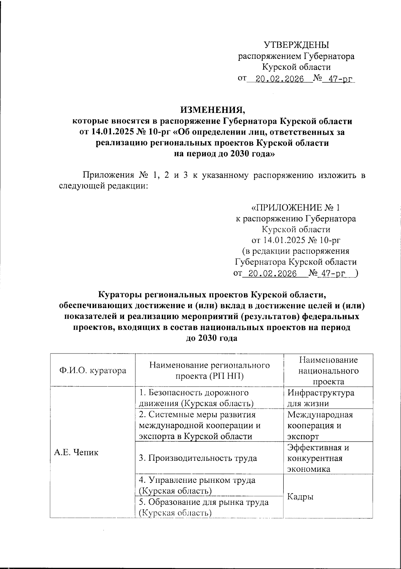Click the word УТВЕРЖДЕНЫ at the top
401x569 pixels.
296,45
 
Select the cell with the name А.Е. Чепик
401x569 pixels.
76,452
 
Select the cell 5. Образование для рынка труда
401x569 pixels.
204,507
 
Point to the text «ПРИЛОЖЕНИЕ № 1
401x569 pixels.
295,208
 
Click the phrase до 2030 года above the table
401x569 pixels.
211,338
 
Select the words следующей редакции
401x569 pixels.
103,186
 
